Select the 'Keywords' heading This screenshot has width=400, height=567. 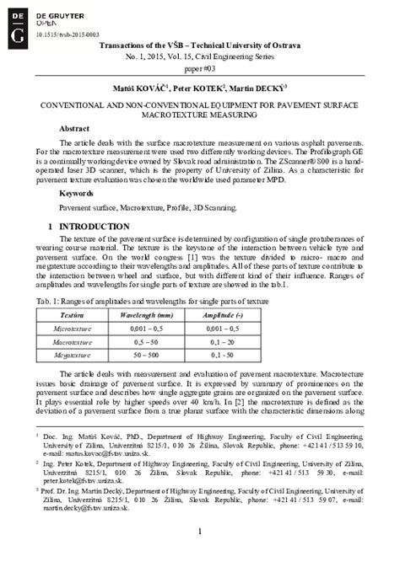tap(77, 194)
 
